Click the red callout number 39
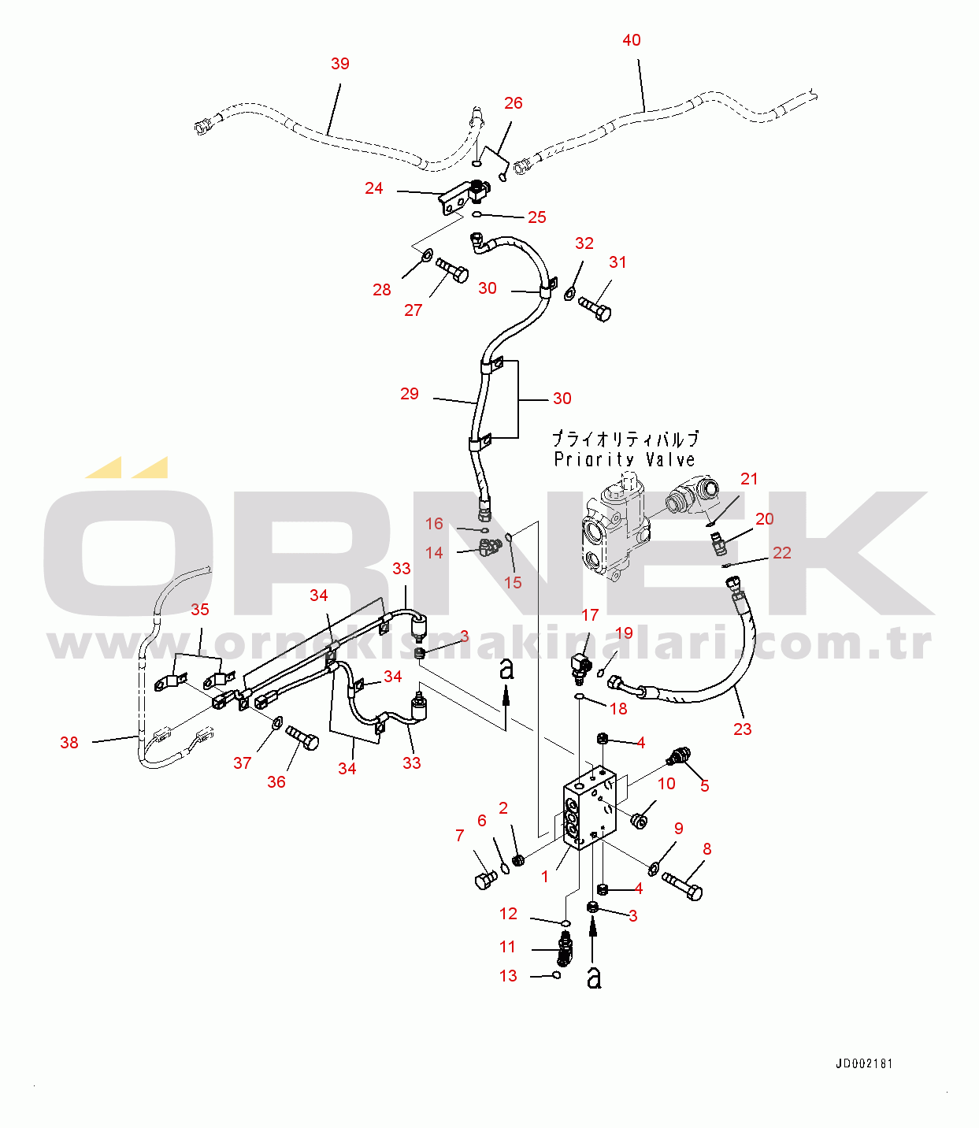pyautogui.click(x=340, y=63)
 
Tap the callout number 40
pyautogui.click(x=632, y=39)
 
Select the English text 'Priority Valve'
pyautogui.click(x=625, y=460)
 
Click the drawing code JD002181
pyautogui.click(x=864, y=1064)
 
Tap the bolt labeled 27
pyautogui.click(x=452, y=270)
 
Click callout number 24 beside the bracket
pyautogui.click(x=374, y=188)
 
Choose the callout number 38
pyautogui.click(x=69, y=742)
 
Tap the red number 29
pyautogui.click(x=410, y=393)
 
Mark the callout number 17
pyautogui.click(x=590, y=614)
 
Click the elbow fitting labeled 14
pyautogui.click(x=490, y=548)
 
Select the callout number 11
pyautogui.click(x=507, y=947)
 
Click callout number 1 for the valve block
pyautogui.click(x=544, y=877)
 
